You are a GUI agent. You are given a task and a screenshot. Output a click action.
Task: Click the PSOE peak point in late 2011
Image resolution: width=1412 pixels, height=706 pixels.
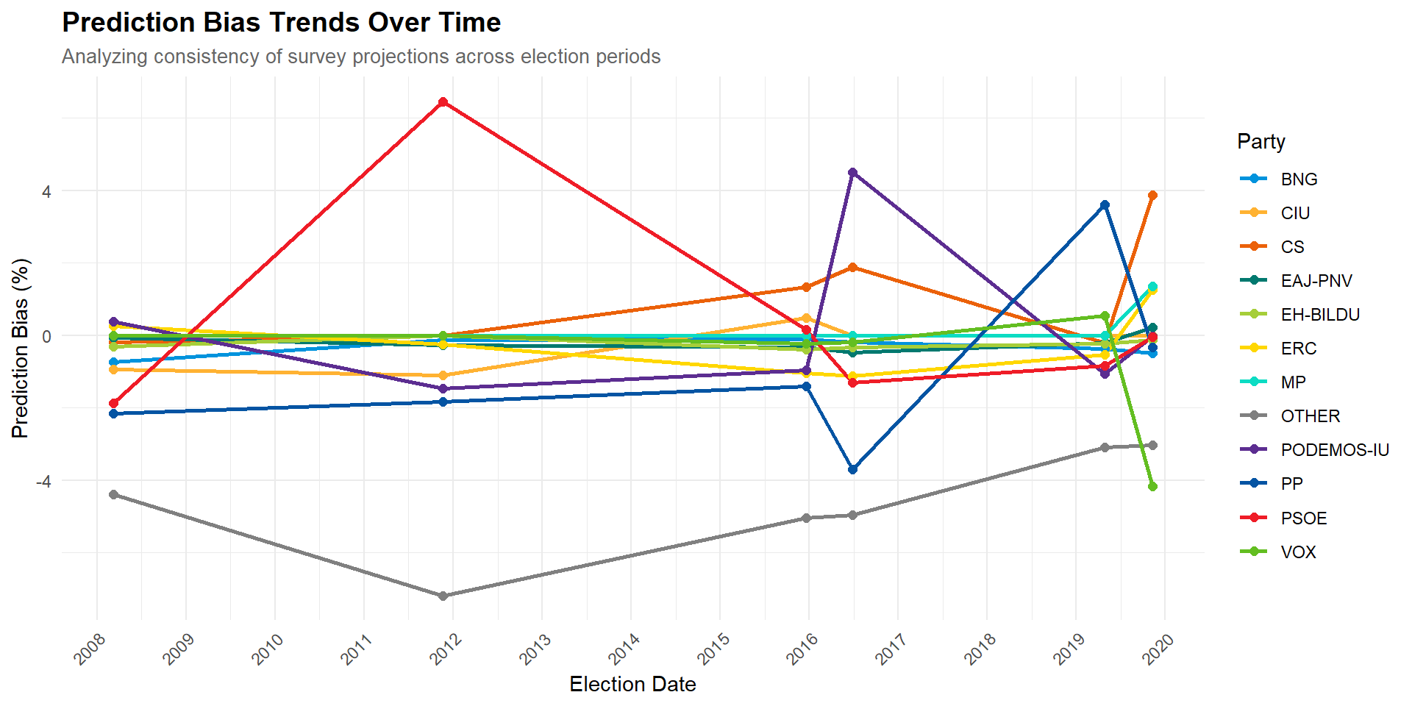pyautogui.click(x=443, y=102)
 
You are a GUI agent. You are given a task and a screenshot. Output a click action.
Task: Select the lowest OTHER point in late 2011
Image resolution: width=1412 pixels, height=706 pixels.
pyautogui.click(x=443, y=596)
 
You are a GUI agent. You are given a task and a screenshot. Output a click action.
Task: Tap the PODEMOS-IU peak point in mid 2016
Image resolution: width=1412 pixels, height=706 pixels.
pyautogui.click(x=852, y=173)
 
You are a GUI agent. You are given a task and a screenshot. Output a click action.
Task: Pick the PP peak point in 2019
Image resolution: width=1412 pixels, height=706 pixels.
pyautogui.click(x=1105, y=205)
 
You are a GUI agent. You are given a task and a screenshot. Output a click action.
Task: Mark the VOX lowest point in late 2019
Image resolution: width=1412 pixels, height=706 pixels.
pyautogui.click(x=1152, y=486)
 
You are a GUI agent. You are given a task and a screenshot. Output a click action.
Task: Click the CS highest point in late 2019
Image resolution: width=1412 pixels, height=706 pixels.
pyautogui.click(x=1152, y=196)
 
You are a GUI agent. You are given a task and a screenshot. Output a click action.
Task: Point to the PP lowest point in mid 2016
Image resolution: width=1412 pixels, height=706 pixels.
pyautogui.click(x=852, y=469)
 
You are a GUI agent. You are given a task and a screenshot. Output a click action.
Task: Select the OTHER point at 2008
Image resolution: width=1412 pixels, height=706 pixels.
pyautogui.click(x=113, y=495)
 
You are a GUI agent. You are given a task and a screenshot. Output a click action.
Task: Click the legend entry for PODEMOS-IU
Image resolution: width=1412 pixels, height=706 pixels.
pyautogui.click(x=1313, y=450)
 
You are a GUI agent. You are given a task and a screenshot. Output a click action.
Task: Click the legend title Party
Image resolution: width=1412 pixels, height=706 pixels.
pyautogui.click(x=1261, y=141)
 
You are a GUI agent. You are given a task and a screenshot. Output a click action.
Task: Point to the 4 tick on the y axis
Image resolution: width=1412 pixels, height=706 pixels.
pyautogui.click(x=46, y=191)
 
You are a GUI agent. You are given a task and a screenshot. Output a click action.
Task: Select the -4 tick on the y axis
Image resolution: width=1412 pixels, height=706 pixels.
pyautogui.click(x=43, y=481)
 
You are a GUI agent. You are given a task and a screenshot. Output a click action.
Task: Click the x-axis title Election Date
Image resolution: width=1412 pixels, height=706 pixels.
pyautogui.click(x=632, y=685)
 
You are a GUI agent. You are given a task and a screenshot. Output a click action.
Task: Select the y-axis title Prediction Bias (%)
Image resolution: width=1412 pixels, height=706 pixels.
pyautogui.click(x=21, y=349)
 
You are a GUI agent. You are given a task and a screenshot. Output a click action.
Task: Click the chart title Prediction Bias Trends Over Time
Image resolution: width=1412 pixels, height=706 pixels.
pyautogui.click(x=282, y=23)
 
